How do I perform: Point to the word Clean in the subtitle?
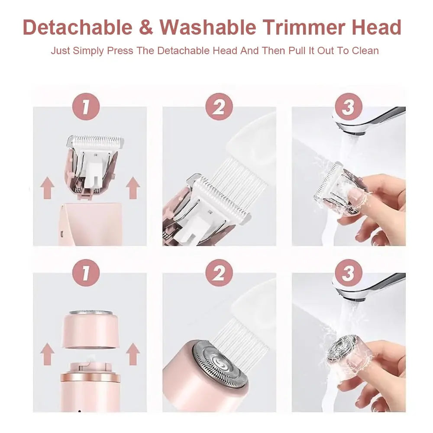coord(365,50)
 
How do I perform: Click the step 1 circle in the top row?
coord(86,107)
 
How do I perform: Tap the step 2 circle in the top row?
coord(219,107)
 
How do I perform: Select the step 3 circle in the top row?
coord(348,107)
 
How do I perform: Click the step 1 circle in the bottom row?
coord(86,273)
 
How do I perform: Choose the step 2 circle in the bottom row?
coord(219,273)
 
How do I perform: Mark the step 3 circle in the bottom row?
coord(348,273)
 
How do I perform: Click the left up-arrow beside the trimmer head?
coord(47,189)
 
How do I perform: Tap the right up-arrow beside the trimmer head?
coord(133,189)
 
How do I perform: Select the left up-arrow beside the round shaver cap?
coord(47,354)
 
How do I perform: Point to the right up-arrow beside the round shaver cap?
coord(133,354)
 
